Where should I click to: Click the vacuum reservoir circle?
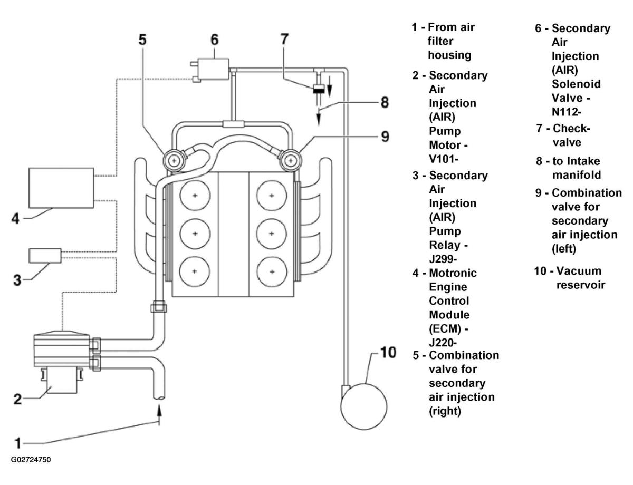coord(364,406)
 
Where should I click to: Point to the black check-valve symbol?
coord(319,89)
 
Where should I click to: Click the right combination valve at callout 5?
coord(174,160)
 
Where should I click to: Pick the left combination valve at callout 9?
coord(291,160)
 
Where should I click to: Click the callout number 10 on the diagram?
coord(388,353)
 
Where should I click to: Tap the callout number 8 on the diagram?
coord(385,102)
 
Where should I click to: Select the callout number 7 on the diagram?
coord(284,39)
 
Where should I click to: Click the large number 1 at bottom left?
coord(18,443)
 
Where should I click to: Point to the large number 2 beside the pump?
coord(17,399)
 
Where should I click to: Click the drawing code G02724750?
coord(31,460)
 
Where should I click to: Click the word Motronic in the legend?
coord(453,273)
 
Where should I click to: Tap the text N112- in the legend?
coord(567,112)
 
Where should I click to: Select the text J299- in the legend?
coord(443,259)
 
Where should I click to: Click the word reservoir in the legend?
coord(581,285)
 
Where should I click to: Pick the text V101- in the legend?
coord(443,159)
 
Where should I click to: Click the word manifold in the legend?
coord(577,174)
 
